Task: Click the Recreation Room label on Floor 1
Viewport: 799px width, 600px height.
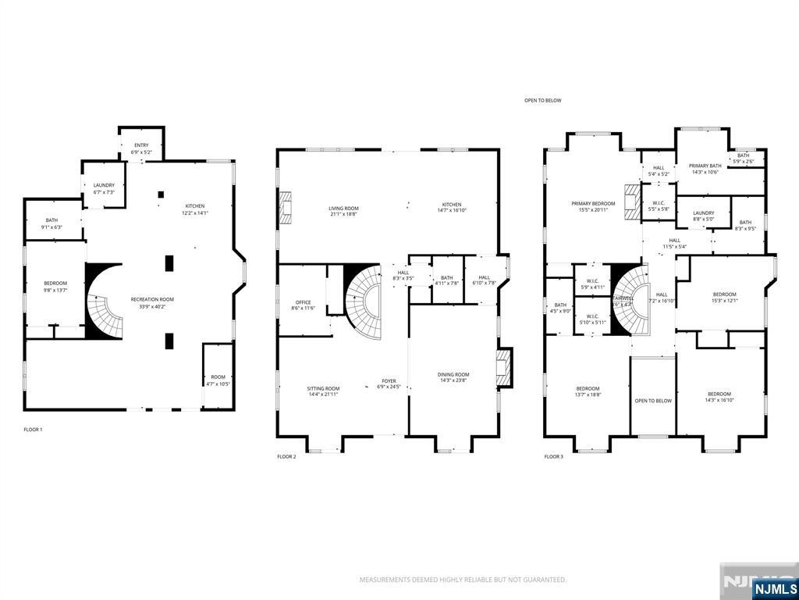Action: (x=151, y=302)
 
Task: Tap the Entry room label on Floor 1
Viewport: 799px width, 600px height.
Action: (x=141, y=148)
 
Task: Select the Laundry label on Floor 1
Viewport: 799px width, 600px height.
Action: (x=104, y=188)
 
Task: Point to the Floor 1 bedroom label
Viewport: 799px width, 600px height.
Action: (x=55, y=286)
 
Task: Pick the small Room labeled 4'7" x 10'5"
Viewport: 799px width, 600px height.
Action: (x=218, y=380)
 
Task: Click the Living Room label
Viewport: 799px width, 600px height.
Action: (x=343, y=212)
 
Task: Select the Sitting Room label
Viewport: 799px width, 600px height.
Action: (x=322, y=391)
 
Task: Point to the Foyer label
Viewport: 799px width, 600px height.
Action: (x=389, y=384)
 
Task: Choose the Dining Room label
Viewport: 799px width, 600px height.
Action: (x=453, y=378)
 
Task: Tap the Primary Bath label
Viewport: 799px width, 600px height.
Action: (x=705, y=169)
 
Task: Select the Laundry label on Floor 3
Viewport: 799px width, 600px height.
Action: (x=703, y=216)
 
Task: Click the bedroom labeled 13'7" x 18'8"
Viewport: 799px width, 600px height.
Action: (x=588, y=391)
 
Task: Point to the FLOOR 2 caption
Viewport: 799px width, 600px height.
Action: (x=286, y=456)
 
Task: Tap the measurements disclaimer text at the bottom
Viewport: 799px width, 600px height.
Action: (x=463, y=580)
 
